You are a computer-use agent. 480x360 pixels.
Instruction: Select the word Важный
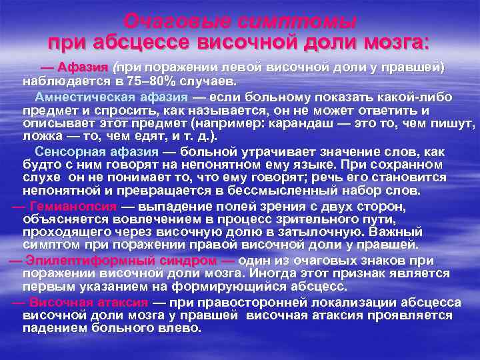pyautogui.click(x=397, y=231)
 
